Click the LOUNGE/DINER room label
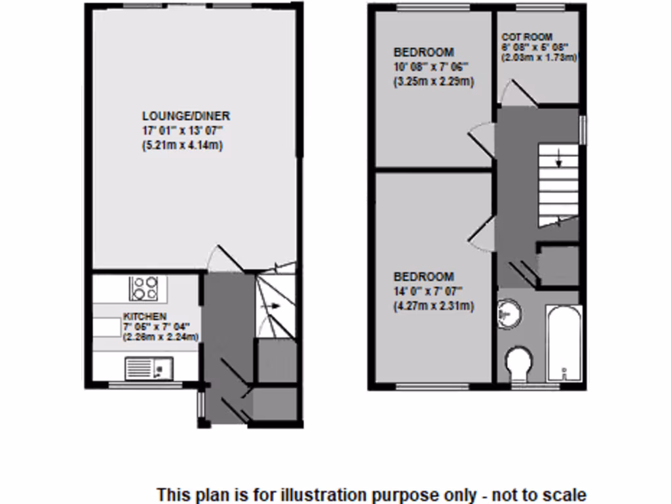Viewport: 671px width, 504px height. coord(186,116)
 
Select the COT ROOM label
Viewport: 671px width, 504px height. coord(527,37)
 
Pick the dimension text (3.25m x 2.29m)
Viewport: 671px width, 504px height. coord(433,82)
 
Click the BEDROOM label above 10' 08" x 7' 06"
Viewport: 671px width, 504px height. coord(423,52)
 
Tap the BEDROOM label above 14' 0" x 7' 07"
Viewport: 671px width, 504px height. coord(423,277)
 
